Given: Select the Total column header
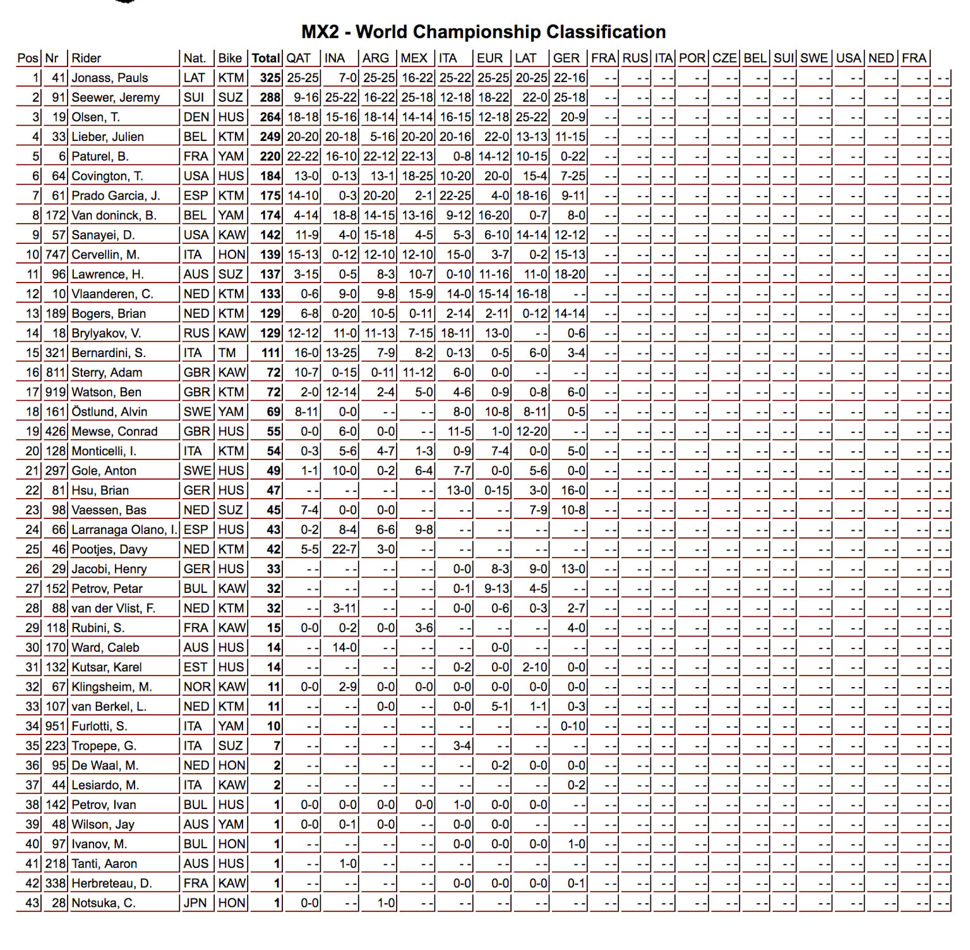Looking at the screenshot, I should coord(266,58).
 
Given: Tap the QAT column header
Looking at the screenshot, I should coord(299,58).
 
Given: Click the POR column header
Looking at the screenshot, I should coord(692,58).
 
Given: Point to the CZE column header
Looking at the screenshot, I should coord(724,58).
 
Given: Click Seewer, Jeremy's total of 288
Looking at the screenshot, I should coord(270,97).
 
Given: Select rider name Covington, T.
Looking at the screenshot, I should coord(107,176).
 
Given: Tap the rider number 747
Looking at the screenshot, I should coord(56,255).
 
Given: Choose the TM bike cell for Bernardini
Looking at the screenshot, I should coord(227,353).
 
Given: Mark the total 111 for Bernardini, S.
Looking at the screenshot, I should coord(270,353).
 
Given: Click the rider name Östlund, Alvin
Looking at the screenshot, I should coord(109,411).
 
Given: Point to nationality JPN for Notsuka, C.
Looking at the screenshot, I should coord(195,903).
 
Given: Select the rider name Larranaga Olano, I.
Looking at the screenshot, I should coord(124,530).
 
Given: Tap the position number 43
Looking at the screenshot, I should coord(32,903).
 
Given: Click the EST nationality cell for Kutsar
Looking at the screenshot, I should coord(196,667).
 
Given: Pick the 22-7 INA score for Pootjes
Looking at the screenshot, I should coord(345,549).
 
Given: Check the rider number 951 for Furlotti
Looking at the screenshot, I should coord(56,726).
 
